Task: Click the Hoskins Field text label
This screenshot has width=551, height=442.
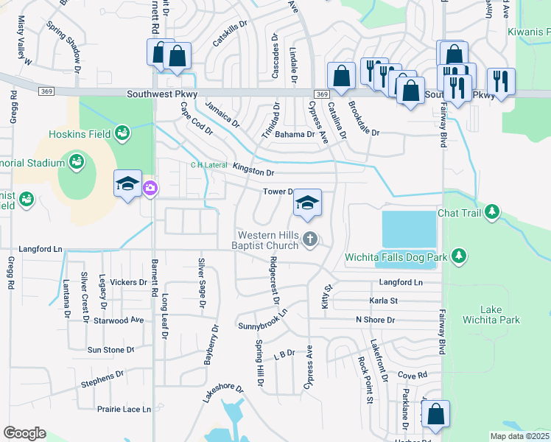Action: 80,133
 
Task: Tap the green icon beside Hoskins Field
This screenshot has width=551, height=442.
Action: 122,133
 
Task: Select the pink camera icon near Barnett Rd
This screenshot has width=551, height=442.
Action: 150,188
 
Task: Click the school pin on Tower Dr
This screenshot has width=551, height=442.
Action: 307,204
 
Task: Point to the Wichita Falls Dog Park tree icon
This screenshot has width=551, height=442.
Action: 460,255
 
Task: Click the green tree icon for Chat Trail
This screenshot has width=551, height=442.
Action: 491,213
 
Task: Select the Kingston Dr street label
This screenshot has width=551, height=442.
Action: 253,172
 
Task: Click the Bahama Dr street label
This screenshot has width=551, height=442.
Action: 295,135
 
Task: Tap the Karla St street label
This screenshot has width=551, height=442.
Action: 383,301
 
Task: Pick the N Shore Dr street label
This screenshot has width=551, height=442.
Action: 375,320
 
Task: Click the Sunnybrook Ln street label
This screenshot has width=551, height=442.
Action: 262,318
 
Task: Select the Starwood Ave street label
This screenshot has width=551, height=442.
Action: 118,320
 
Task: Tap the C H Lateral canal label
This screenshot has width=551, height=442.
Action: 209,165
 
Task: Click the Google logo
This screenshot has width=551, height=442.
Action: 24,432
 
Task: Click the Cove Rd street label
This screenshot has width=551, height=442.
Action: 413,375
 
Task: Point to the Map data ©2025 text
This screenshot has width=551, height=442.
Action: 519,436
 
